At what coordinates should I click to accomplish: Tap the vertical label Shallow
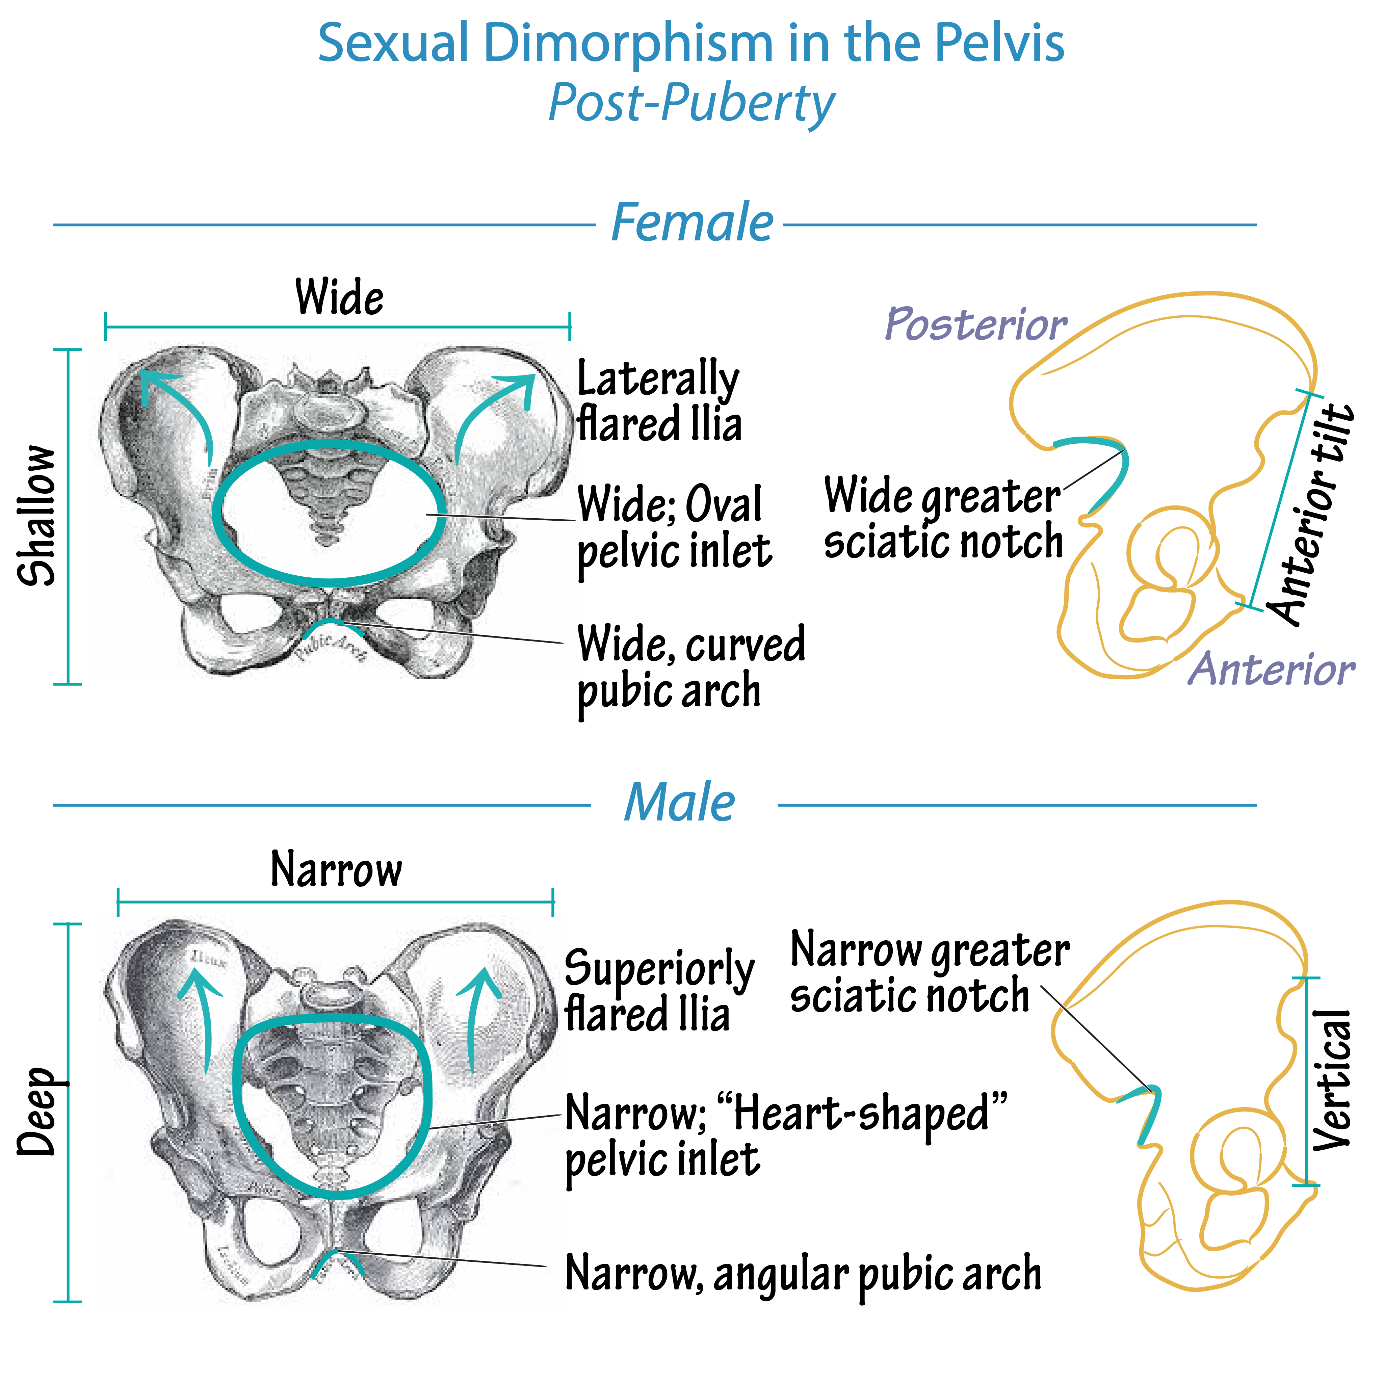(37, 516)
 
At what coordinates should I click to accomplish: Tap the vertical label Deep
(37, 1112)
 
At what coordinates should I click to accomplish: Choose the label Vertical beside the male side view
(1332, 1080)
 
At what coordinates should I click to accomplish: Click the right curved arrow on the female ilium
(494, 412)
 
